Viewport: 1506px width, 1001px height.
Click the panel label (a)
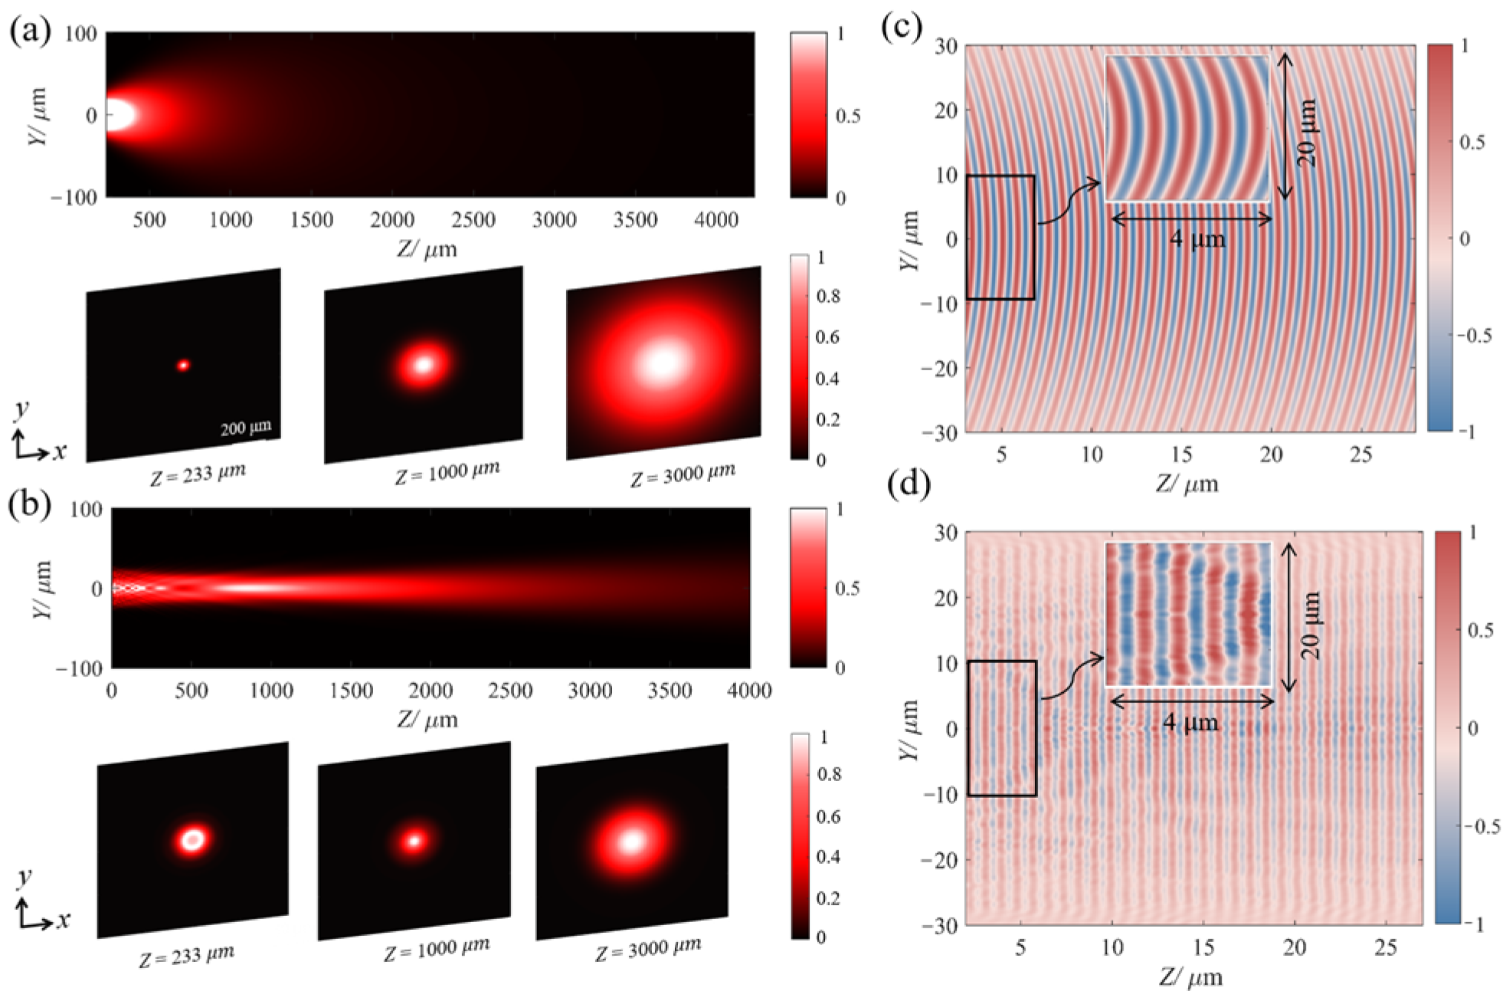tap(30, 31)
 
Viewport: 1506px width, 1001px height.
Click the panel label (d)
tap(909, 484)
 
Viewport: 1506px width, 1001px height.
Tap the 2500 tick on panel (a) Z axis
tap(473, 220)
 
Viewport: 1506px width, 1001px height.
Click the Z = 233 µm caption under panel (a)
tap(198, 474)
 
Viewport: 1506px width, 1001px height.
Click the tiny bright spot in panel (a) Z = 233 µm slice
tap(183, 366)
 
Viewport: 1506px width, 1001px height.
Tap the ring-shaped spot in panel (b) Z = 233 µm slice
tap(193, 839)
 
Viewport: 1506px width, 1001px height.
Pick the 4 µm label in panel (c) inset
tap(1197, 240)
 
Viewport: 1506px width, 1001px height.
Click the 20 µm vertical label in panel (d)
tap(1311, 625)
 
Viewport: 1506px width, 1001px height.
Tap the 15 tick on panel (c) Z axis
tap(1181, 455)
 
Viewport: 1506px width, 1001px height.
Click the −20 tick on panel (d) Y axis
tap(941, 860)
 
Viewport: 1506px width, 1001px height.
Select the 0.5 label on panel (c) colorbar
tap(1472, 142)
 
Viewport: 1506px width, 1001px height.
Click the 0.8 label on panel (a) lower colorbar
tap(828, 296)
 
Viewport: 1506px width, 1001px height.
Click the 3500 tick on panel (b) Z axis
tap(670, 691)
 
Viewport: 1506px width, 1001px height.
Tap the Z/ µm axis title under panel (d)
tap(1190, 977)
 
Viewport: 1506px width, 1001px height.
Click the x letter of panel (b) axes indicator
tap(63, 921)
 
